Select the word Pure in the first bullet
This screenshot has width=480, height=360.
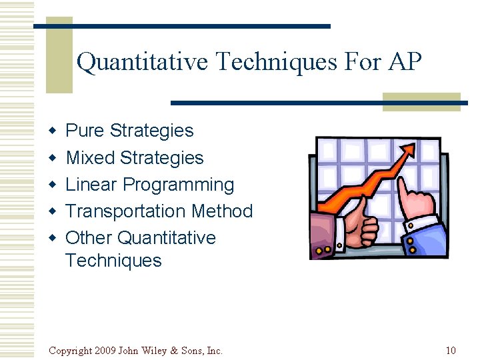[85, 131]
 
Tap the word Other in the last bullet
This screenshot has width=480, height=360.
[89, 238]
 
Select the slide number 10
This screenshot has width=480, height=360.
[450, 351]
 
